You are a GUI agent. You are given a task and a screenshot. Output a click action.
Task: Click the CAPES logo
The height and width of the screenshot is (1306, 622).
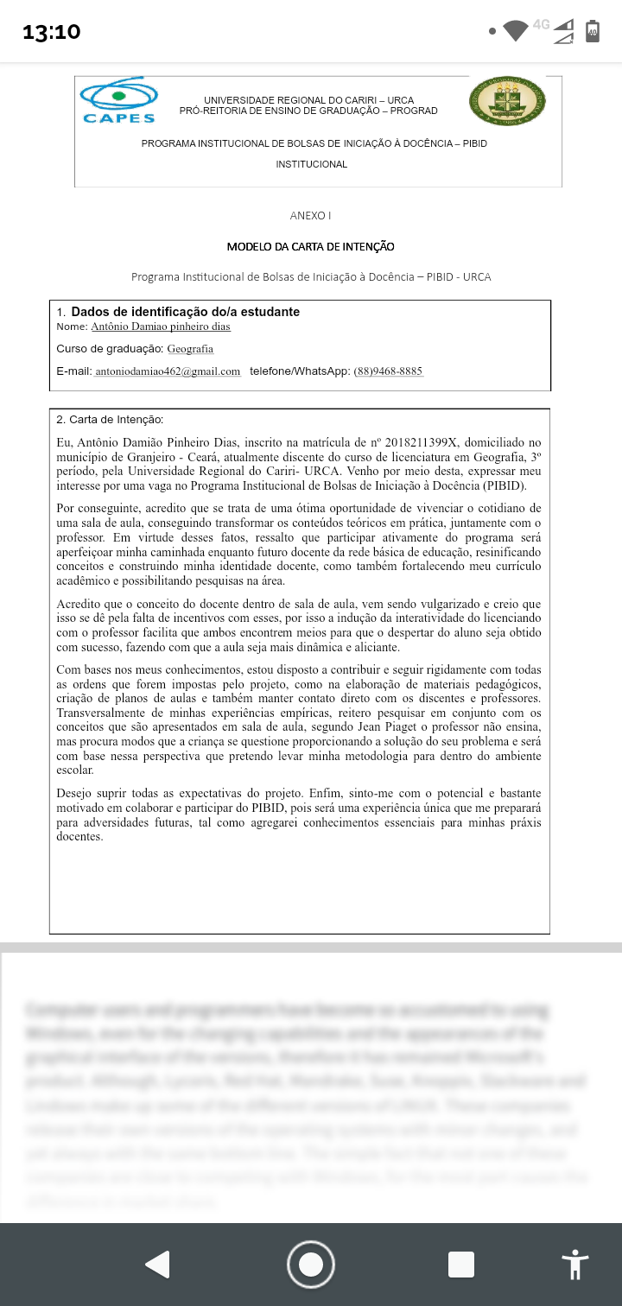118,100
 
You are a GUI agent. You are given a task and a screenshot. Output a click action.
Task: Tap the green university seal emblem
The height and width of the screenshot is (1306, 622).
507,100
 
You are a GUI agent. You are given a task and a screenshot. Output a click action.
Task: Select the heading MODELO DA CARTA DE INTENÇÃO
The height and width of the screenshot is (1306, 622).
310,247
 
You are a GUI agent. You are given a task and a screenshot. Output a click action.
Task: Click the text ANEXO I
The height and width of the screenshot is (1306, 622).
310,215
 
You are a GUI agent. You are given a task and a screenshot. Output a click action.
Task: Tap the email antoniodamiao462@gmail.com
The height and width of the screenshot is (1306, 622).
168,371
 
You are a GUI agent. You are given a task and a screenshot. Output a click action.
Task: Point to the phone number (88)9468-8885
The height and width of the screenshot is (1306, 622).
388,371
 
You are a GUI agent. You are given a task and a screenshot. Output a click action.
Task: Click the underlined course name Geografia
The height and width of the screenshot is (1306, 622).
190,349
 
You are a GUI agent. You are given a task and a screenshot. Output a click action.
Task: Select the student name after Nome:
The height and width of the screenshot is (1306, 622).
161,326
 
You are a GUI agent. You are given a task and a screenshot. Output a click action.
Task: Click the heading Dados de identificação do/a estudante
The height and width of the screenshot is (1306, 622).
185,312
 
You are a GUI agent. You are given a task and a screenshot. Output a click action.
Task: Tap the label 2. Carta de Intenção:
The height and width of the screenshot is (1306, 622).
110,420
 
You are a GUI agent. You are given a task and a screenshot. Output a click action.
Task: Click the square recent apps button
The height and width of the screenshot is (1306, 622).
461,1265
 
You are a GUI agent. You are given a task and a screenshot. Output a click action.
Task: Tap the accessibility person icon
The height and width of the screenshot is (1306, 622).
574,1265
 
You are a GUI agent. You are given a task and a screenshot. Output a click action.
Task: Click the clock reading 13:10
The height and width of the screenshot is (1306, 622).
52,32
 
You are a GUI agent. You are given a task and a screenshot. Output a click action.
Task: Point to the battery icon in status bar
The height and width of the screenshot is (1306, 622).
593,30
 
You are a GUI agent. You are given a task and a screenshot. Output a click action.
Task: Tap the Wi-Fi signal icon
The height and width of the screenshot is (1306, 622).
516,30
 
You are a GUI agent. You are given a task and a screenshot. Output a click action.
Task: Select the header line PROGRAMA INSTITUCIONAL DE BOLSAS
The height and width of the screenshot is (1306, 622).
314,143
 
